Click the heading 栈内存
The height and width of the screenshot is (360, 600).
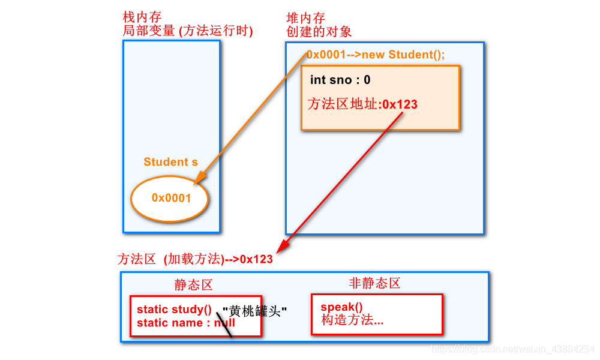(x=142, y=17)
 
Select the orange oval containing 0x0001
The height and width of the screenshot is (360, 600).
(x=170, y=198)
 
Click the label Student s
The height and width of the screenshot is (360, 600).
(x=170, y=162)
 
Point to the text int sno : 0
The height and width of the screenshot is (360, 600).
(x=340, y=80)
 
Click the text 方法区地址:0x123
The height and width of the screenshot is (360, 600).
(x=362, y=104)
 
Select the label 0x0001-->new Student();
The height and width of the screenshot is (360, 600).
(x=376, y=55)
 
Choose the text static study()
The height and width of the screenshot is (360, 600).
(x=174, y=310)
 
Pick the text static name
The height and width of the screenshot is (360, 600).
(x=170, y=323)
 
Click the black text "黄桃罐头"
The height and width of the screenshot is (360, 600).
(x=254, y=312)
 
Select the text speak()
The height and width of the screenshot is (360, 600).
(x=341, y=307)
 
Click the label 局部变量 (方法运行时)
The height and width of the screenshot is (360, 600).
(x=188, y=31)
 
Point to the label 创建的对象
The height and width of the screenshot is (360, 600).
(x=319, y=31)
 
